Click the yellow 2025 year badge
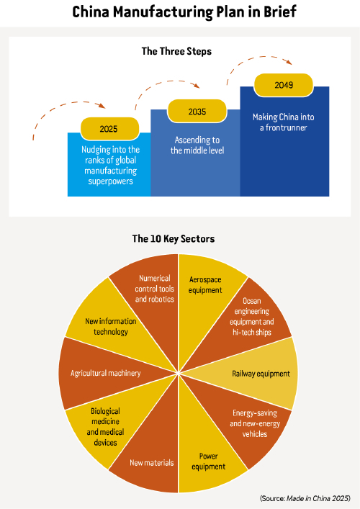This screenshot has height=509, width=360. [x=109, y=129]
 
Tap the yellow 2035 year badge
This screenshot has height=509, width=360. [x=197, y=112]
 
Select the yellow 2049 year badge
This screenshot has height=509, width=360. [x=284, y=85]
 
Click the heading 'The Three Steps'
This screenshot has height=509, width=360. [x=176, y=51]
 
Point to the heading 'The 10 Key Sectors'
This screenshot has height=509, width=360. [x=174, y=238]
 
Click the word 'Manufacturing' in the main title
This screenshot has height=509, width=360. [x=163, y=12]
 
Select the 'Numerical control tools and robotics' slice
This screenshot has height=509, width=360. [x=153, y=299]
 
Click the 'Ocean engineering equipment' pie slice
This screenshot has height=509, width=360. [x=247, y=321]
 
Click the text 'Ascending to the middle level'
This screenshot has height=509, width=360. [x=197, y=145]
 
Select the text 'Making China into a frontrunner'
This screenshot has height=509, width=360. [x=284, y=122]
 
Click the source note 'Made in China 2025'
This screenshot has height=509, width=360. [x=318, y=498]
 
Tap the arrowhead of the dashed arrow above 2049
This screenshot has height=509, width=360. [x=288, y=62]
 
